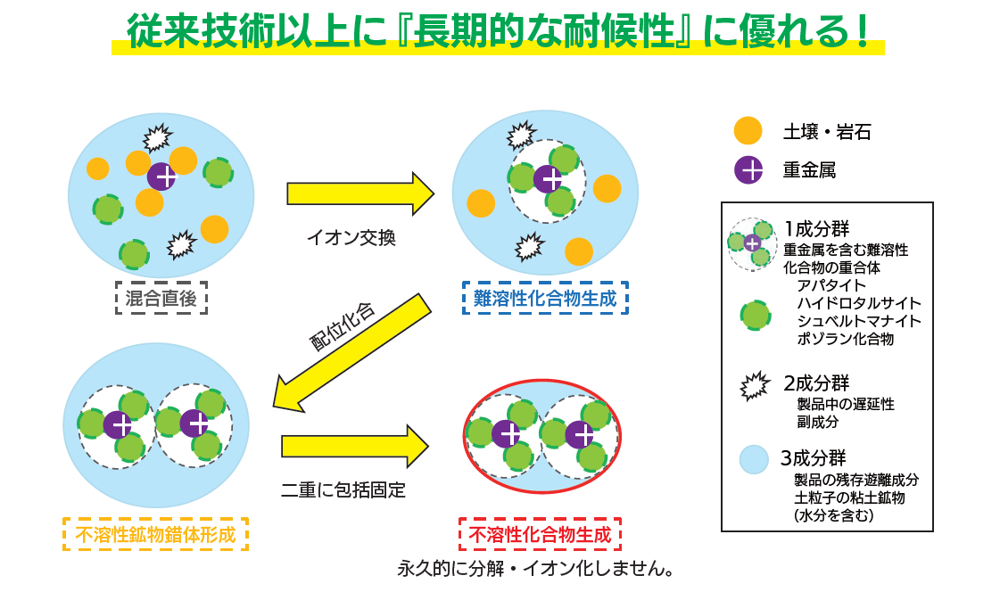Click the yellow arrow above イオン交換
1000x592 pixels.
pos(360,193)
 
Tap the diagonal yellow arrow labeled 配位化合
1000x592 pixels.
pos(352,352)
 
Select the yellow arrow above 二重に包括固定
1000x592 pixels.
pos(355,446)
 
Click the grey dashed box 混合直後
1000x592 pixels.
pos(161,299)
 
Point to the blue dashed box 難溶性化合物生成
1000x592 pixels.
pos(545,299)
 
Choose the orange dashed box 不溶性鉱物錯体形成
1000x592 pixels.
pos(155,534)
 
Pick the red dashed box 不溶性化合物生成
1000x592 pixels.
pos(541,534)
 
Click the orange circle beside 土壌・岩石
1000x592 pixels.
pos(748,131)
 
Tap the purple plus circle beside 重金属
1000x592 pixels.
pos(748,170)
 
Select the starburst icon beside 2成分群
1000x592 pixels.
pos(755,385)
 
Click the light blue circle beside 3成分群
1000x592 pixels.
pos(754,459)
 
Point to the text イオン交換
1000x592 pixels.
pos(351,238)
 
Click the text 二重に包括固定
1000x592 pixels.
pos(343,489)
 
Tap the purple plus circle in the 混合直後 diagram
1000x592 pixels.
pos(161,177)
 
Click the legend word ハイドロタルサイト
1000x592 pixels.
pos(859,303)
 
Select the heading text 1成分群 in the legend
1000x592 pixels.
pos(817,228)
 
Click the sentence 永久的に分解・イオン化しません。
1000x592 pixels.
pos(536,569)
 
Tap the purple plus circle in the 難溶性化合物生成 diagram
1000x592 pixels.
pos(548,179)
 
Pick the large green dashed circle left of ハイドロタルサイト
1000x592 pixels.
pos(755,316)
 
